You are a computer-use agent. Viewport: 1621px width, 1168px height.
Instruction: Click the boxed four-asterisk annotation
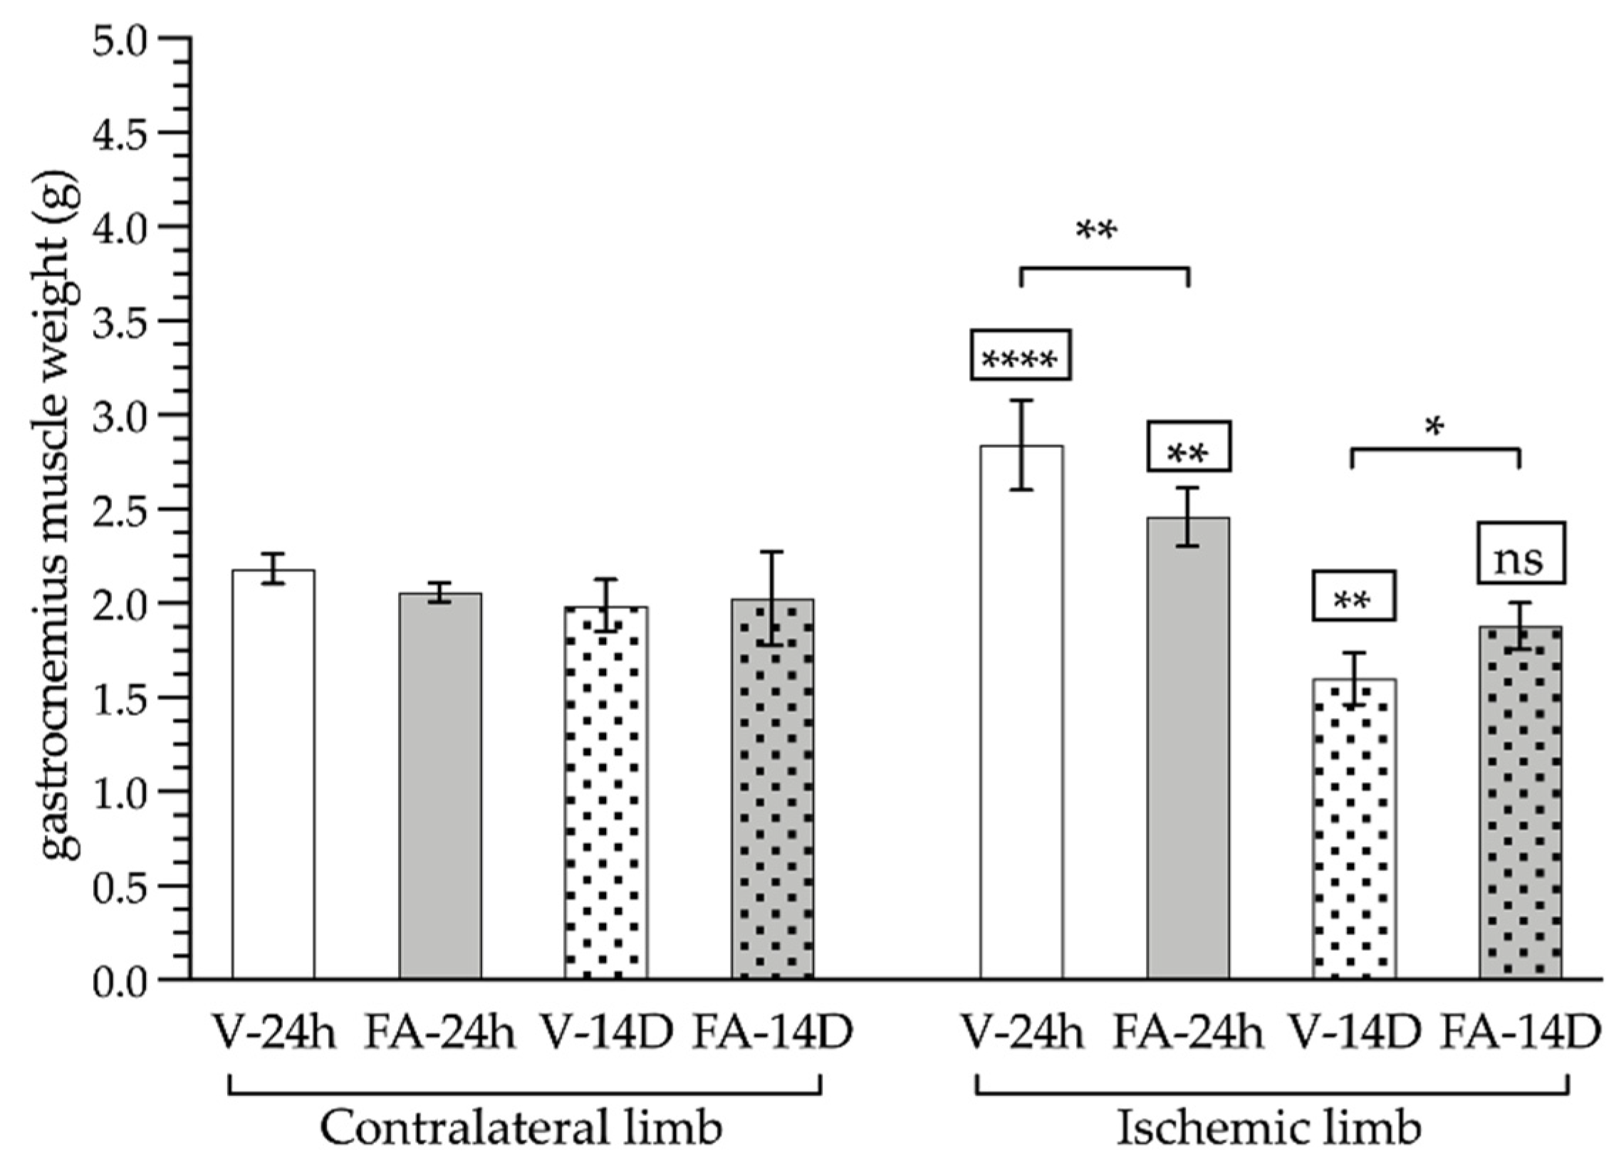click(x=1020, y=355)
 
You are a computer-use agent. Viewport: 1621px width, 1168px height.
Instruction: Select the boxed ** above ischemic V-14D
click(x=1353, y=595)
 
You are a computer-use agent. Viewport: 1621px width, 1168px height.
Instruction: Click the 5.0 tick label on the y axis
click(x=125, y=39)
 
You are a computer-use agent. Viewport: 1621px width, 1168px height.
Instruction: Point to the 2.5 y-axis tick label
click(x=125, y=510)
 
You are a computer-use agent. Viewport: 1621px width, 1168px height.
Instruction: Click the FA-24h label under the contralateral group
click(x=439, y=1033)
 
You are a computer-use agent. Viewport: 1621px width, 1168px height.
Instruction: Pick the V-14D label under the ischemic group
click(x=1354, y=1033)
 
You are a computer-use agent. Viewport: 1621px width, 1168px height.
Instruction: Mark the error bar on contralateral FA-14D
click(x=772, y=598)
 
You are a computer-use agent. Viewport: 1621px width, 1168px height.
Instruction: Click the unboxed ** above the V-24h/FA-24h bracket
click(x=1095, y=231)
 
